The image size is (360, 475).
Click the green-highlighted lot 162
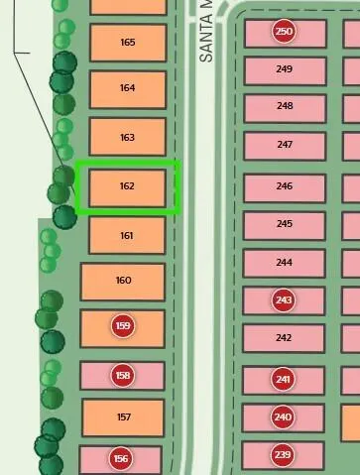tap(127, 188)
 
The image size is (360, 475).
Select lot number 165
tap(128, 43)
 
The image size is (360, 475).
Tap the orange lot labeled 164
tap(128, 89)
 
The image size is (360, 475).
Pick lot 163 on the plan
tap(127, 137)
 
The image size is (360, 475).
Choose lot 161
tap(127, 235)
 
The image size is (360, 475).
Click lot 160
tap(123, 282)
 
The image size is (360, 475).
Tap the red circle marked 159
tap(123, 326)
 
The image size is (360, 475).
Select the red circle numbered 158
tap(123, 376)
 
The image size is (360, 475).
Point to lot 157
tap(123, 417)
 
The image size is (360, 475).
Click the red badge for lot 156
tap(121, 459)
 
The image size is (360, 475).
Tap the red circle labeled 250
tap(284, 32)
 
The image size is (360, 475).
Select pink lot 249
tap(285, 70)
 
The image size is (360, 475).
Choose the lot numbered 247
tap(285, 146)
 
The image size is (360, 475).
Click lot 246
tap(285, 187)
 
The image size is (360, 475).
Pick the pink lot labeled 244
tap(284, 264)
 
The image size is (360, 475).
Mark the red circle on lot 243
tap(284, 300)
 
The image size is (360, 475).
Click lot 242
tap(284, 338)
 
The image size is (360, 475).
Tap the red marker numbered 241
tap(283, 379)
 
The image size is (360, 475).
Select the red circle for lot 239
tap(283, 455)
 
